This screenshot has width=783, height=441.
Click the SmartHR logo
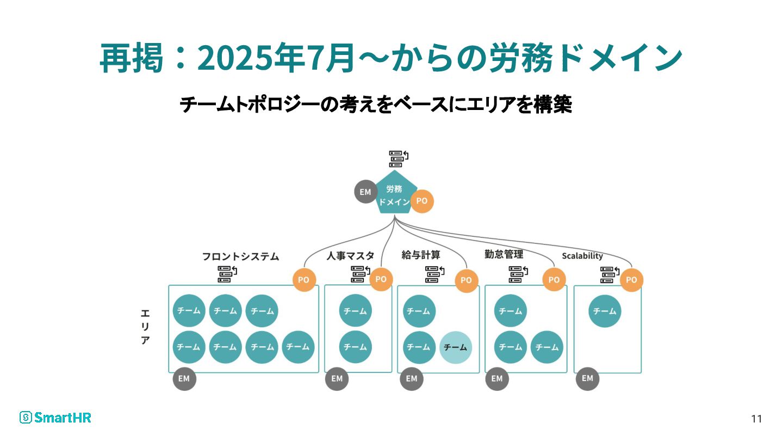pyautogui.click(x=55, y=418)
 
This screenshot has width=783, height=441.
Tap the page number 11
pyautogui.click(x=756, y=419)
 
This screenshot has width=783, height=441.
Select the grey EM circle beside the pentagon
pyautogui.click(x=365, y=192)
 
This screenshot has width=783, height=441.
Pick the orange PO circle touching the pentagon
pyautogui.click(x=422, y=201)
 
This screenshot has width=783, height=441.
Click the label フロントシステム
pyautogui.click(x=240, y=256)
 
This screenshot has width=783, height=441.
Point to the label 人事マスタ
pyautogui.click(x=350, y=256)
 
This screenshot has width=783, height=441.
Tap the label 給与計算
pyautogui.click(x=421, y=255)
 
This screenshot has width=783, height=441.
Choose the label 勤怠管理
pyautogui.click(x=504, y=254)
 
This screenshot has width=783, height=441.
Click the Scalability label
pyautogui.click(x=582, y=256)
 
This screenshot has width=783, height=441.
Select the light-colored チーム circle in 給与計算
pyautogui.click(x=456, y=347)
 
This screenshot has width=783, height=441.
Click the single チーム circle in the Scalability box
pyautogui.click(x=605, y=311)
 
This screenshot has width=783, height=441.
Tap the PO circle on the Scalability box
pyautogui.click(x=631, y=280)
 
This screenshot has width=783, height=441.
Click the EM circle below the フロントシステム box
pyautogui.click(x=184, y=379)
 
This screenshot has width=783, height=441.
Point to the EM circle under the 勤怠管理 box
pyautogui.click(x=497, y=379)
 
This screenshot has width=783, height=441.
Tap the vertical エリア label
pyautogui.click(x=145, y=327)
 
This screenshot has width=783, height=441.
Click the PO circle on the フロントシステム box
pyautogui.click(x=304, y=280)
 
